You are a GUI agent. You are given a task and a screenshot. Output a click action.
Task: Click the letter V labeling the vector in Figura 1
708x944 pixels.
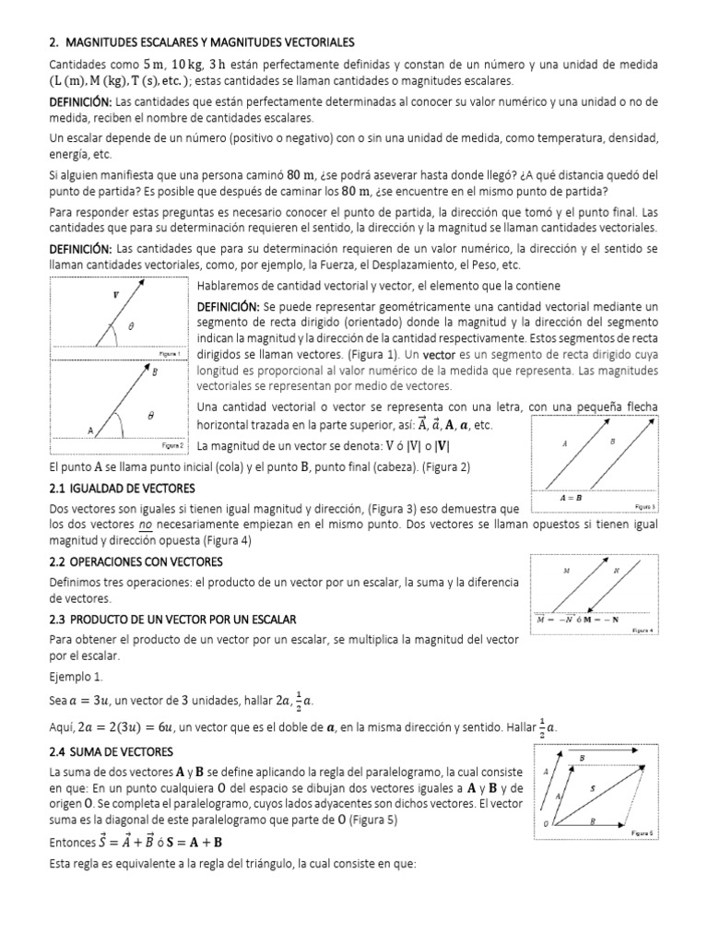115,296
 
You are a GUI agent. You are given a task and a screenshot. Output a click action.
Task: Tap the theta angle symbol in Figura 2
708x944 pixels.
149,415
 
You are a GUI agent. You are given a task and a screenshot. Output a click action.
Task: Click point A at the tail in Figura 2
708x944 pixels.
89,431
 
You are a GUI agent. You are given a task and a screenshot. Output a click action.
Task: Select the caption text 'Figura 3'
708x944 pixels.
645,506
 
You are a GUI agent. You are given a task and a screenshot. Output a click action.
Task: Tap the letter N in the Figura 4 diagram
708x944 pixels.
616,571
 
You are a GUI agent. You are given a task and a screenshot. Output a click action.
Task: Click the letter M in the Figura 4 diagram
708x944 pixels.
566,571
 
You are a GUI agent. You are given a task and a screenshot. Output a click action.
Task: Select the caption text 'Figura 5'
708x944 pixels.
642,832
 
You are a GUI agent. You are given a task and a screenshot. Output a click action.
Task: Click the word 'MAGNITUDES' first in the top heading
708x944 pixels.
104,43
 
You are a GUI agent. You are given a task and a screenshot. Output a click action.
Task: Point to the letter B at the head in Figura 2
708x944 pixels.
153,373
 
